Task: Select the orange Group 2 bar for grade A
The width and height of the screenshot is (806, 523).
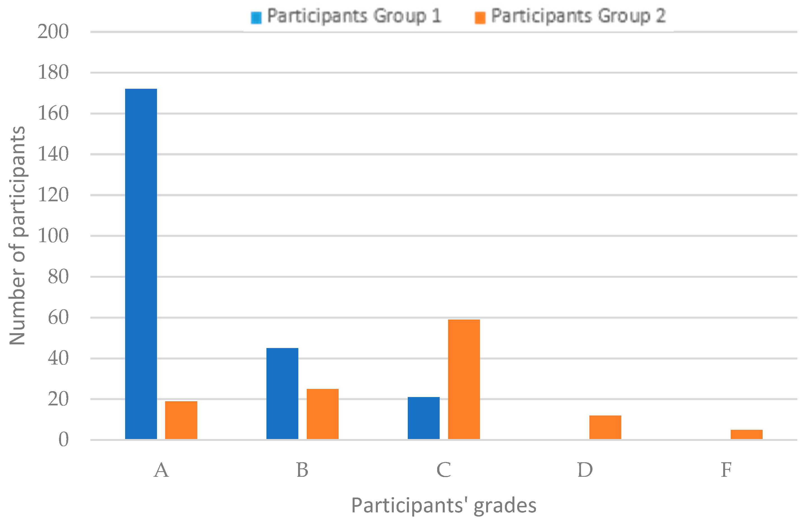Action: [181, 420]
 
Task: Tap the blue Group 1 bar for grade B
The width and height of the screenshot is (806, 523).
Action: [282, 394]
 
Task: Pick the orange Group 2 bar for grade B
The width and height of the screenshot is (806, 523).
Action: [322, 414]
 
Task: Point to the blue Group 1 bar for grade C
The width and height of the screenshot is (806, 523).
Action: [423, 418]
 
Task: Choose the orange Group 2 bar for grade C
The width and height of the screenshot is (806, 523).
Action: [464, 379]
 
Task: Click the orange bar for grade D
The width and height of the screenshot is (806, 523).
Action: [605, 427]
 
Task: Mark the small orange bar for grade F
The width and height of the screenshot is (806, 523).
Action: [746, 434]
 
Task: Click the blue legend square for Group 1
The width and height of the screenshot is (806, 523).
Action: [256, 18]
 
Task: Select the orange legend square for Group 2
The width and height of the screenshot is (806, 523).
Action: [480, 18]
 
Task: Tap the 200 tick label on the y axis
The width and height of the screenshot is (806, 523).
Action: [53, 32]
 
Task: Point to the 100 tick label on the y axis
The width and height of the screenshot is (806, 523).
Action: [53, 236]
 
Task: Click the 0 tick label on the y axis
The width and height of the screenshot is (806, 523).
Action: [63, 440]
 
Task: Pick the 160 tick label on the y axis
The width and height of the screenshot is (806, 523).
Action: [53, 113]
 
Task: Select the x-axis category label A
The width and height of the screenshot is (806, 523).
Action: [161, 470]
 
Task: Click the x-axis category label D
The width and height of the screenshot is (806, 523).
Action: [585, 470]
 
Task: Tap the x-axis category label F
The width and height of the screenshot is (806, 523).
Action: [726, 470]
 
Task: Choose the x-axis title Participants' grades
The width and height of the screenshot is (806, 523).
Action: [444, 506]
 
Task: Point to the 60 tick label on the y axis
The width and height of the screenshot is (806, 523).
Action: [58, 318]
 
